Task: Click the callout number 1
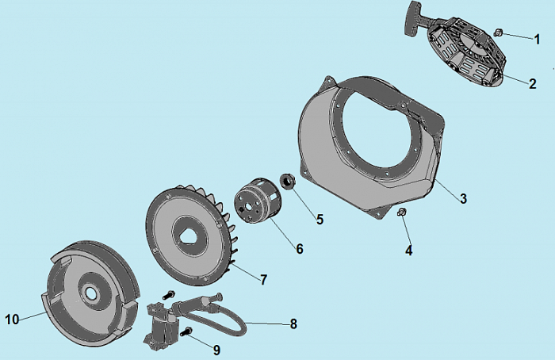click(x=538, y=39)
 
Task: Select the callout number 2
click(x=533, y=84)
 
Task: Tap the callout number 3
click(x=463, y=198)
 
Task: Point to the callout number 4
click(x=409, y=251)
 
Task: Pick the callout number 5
click(x=320, y=220)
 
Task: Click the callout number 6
click(x=300, y=249)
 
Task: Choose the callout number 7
click(x=264, y=280)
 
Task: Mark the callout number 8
click(x=293, y=324)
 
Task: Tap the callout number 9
click(x=216, y=350)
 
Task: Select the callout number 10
click(x=12, y=320)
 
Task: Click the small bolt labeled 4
click(x=401, y=213)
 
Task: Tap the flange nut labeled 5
click(x=288, y=182)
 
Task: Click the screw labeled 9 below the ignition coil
click(x=185, y=331)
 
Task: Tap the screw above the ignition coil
click(x=168, y=294)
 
